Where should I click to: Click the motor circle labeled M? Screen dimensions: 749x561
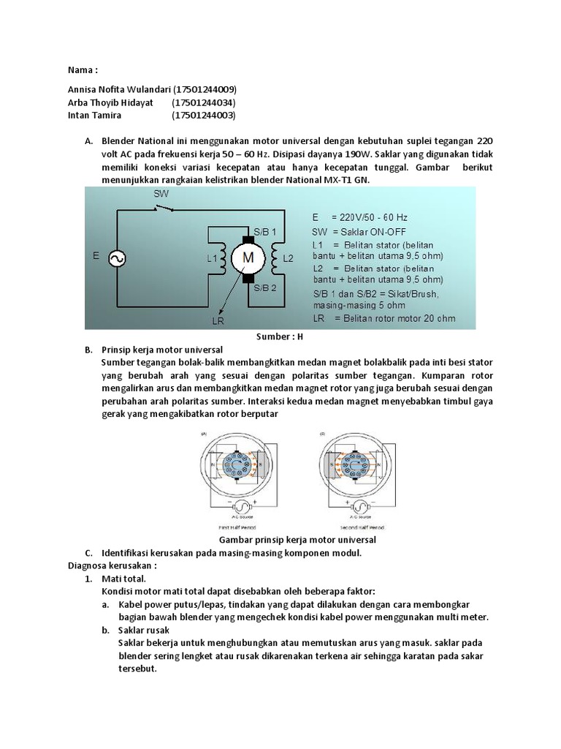pyautogui.click(x=248, y=257)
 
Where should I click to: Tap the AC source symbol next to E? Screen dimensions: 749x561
pyautogui.click(x=115, y=257)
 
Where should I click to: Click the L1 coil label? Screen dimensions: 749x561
pyautogui.click(x=212, y=258)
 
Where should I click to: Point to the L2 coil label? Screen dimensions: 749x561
pyautogui.click(x=288, y=258)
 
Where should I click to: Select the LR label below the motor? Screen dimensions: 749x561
pyautogui.click(x=218, y=320)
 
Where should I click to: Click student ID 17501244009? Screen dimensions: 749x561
pyautogui.click(x=205, y=89)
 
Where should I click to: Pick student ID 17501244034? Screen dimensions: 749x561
pyautogui.click(x=204, y=102)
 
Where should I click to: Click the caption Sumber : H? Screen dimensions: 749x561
pyautogui.click(x=279, y=337)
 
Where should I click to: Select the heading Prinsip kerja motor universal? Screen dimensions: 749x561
pyautogui.click(x=161, y=350)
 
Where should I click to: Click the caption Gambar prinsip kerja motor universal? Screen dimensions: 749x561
pyautogui.click(x=292, y=540)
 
